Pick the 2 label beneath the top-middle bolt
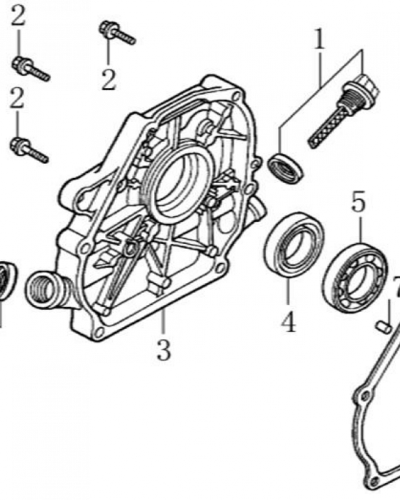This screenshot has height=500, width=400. (108, 79)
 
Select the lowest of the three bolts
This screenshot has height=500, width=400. (29, 149)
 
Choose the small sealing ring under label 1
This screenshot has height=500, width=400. (285, 168)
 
